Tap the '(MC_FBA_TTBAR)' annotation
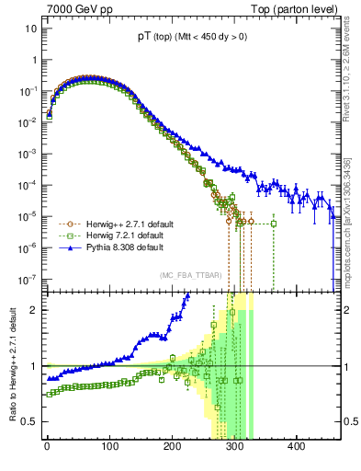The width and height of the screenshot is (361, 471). coord(190,275)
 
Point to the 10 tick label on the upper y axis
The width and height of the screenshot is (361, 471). coord(29,29)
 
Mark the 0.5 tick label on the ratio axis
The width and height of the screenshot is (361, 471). coord(28,421)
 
